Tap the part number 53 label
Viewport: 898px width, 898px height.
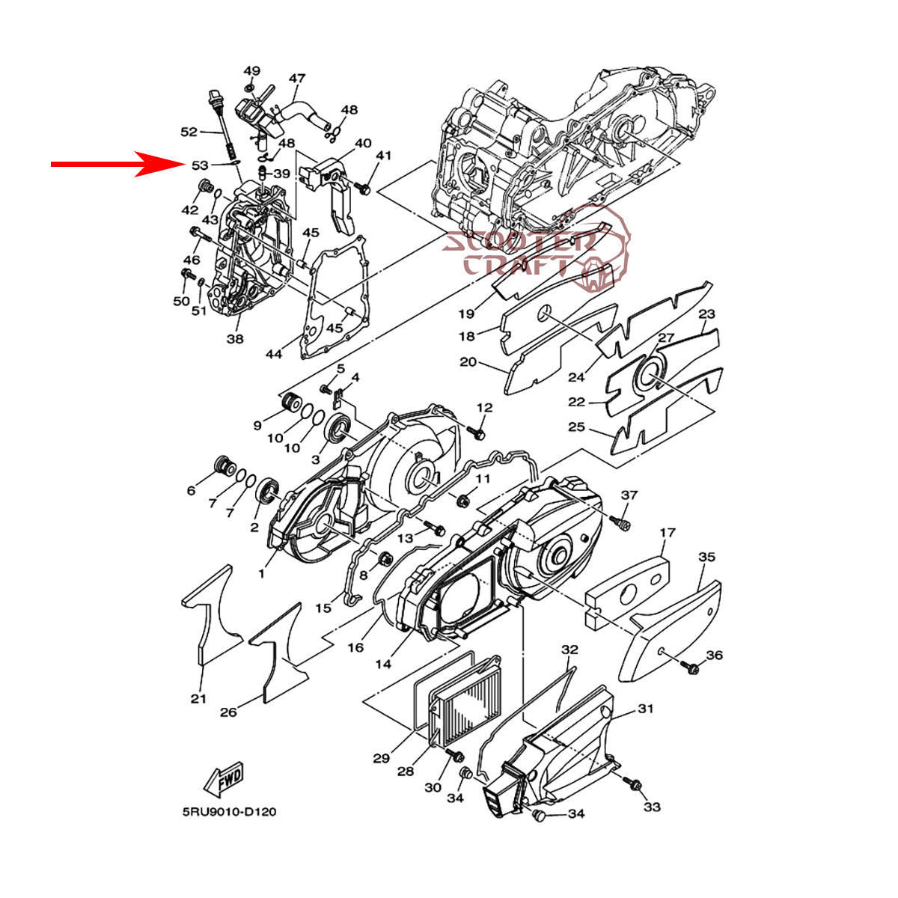pos(200,165)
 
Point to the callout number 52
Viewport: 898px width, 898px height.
pos(189,132)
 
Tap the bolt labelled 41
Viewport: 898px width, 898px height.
pos(362,188)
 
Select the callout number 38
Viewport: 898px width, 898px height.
pos(235,339)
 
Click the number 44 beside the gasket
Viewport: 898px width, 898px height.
pos(274,354)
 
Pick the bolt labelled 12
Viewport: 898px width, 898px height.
pos(475,433)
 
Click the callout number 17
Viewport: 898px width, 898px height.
pos(668,532)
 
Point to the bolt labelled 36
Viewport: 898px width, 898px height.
pos(690,668)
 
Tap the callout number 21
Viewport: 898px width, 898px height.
pos(198,698)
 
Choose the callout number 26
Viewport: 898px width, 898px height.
pos(228,712)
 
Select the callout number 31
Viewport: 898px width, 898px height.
pos(645,709)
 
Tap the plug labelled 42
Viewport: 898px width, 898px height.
pos(204,188)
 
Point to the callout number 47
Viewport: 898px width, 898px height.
pos(297,78)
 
